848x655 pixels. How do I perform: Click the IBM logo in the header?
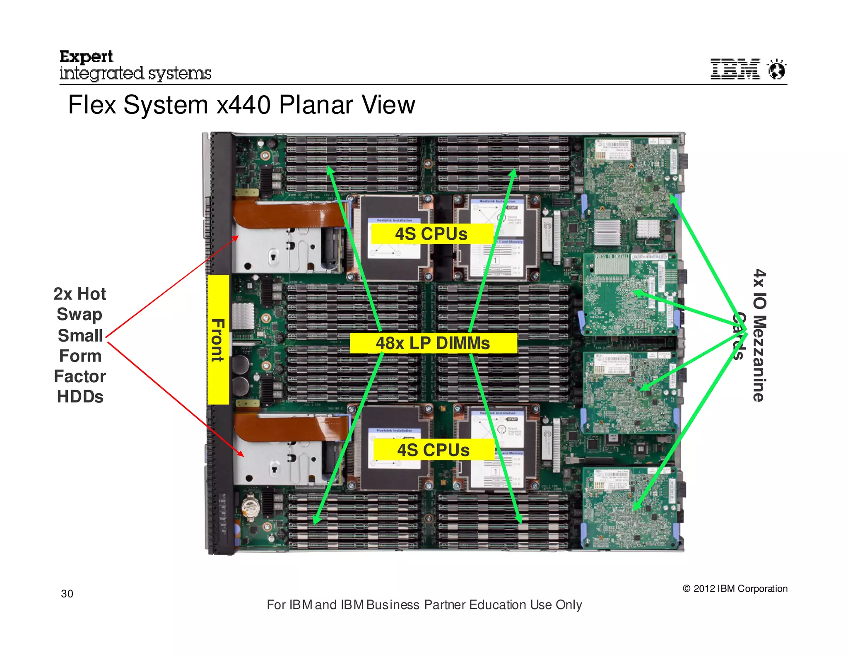[735, 69]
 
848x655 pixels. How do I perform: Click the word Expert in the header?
[86, 56]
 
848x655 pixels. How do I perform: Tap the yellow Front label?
[218, 340]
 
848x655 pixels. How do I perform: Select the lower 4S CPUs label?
[433, 450]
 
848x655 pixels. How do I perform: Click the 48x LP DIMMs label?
[433, 343]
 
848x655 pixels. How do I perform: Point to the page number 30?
[67, 594]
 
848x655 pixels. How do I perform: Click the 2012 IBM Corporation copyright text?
[735, 589]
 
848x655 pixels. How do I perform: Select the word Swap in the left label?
[79, 314]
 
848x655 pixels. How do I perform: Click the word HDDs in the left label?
[80, 397]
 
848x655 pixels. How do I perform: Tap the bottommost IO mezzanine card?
[629, 507]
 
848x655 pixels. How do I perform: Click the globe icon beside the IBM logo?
[777, 69]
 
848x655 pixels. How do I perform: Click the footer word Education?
[498, 605]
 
